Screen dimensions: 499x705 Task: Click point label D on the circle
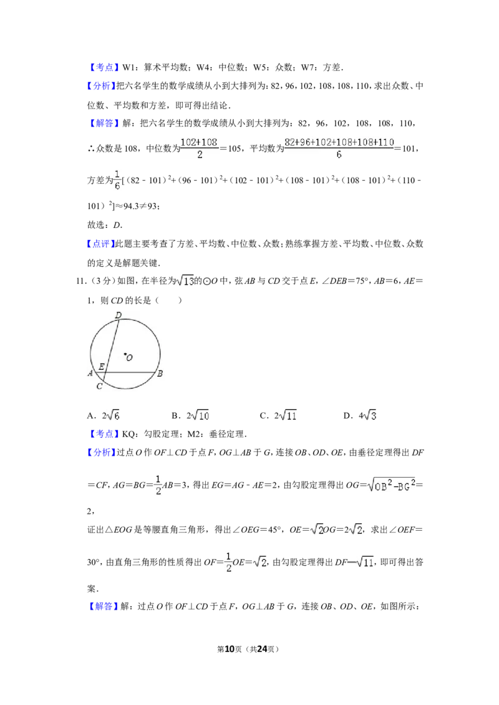tap(118, 315)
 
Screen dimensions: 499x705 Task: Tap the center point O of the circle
tap(125, 355)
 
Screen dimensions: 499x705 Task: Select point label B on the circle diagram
tap(160, 373)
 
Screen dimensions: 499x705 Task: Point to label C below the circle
tap(100, 386)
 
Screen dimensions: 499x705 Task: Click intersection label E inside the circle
tap(101, 366)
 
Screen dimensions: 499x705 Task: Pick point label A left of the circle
tap(90, 372)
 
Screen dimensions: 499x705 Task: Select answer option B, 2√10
tap(190, 415)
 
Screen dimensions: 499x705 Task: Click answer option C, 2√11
tap(278, 415)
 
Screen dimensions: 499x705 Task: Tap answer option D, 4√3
tap(360, 415)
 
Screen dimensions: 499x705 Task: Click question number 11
tap(80, 281)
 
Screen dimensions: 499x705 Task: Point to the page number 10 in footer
tap(230, 649)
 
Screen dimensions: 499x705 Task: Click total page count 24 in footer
tap(262, 649)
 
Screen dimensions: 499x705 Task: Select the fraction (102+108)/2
tap(200, 148)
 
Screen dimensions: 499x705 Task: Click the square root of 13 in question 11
tap(185, 281)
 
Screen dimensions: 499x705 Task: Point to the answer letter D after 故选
tap(117, 225)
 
